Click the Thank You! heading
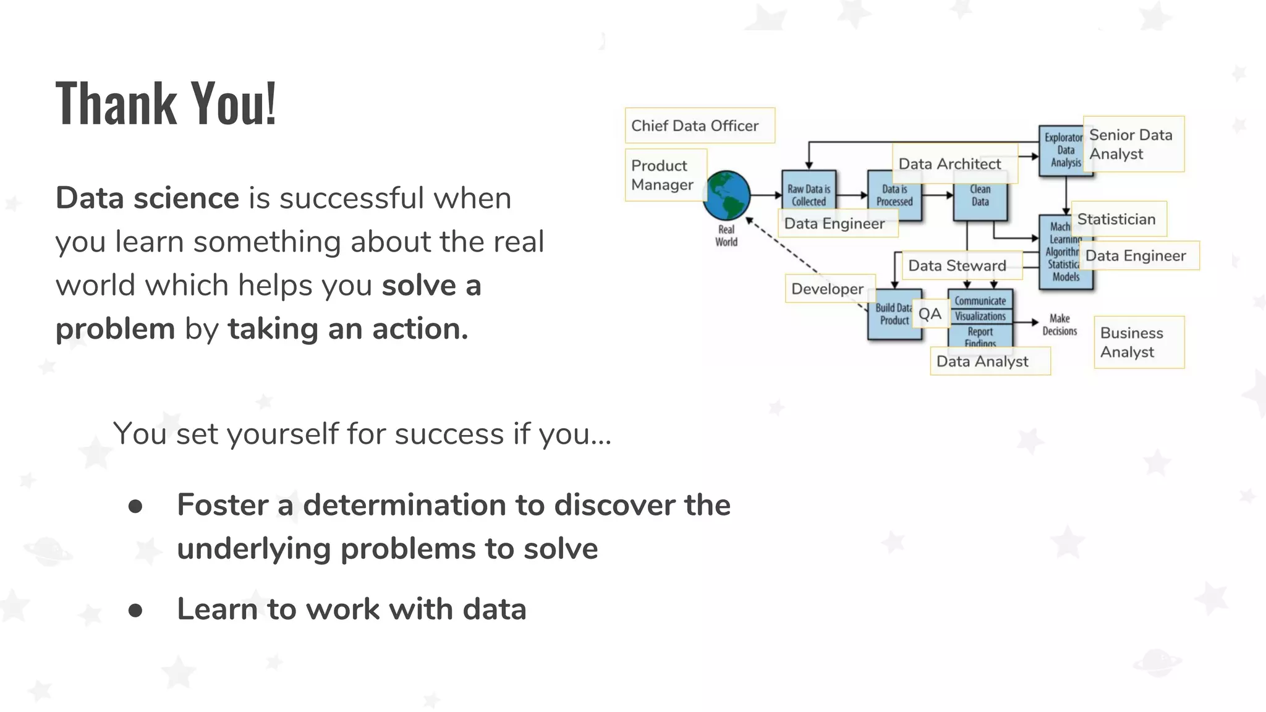166,103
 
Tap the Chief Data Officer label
699,125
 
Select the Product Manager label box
665,175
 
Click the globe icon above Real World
726,196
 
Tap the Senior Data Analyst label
1133,144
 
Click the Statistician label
1118,219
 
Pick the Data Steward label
961,265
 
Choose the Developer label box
830,289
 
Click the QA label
930,314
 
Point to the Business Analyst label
1138,342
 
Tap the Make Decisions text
1060,324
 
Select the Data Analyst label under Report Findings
989,361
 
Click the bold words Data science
147,198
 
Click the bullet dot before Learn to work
135,611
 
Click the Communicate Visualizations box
980,308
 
